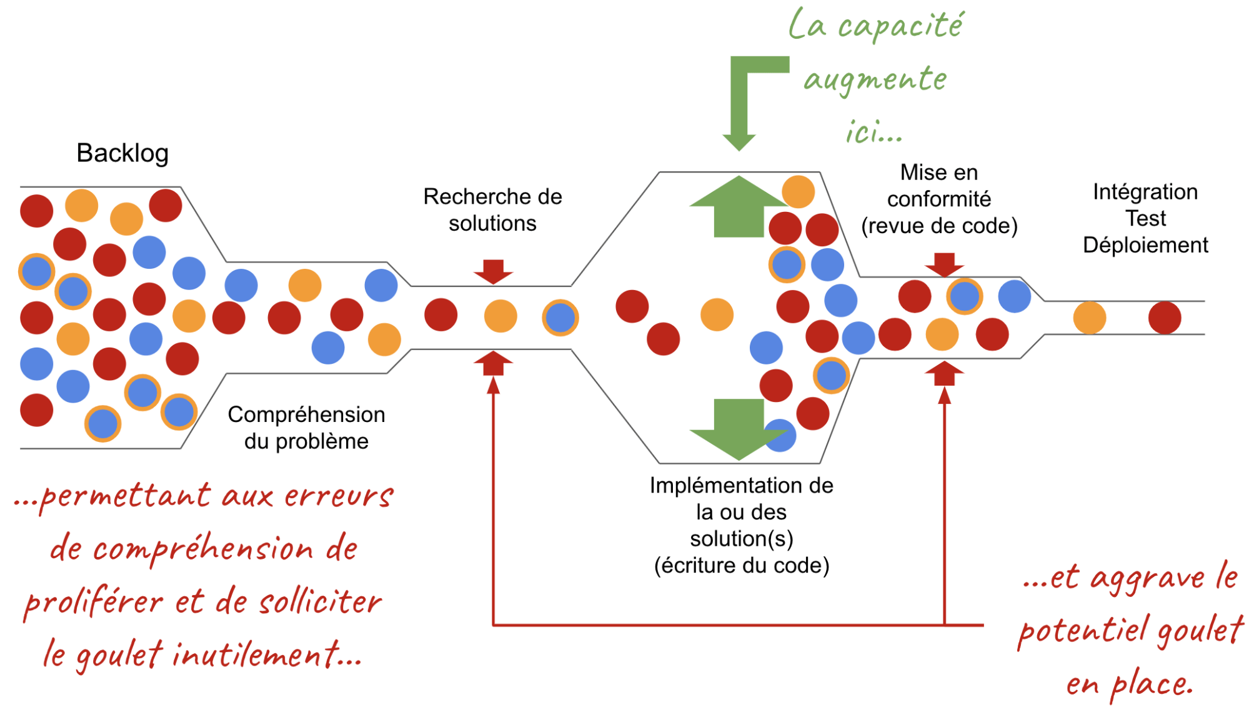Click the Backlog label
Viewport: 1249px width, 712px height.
pos(122,153)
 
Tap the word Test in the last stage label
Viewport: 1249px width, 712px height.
pos(1145,219)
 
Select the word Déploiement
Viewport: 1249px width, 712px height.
pos(1145,245)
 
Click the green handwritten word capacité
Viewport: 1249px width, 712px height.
pos(900,26)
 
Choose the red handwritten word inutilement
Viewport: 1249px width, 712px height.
pos(256,655)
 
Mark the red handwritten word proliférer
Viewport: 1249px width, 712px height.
pos(94,603)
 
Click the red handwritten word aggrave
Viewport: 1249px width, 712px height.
pos(1147,578)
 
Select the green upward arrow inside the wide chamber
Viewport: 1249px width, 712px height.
pos(739,206)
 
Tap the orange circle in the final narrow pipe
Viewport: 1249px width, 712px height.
pos(1090,318)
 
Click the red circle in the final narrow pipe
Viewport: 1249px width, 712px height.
pos(1165,318)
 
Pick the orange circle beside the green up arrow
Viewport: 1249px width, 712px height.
pos(799,191)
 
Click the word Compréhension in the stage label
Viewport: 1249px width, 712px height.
pos(306,414)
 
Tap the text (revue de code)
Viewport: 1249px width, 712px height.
pos(939,226)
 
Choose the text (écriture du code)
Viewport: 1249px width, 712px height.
pos(742,565)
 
